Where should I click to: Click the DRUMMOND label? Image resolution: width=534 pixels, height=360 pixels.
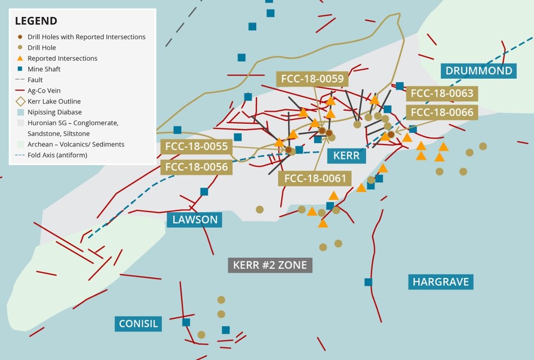[x=479, y=70]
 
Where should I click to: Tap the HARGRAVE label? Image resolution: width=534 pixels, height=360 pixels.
[x=441, y=281]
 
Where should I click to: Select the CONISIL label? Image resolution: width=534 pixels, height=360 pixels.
[x=139, y=323]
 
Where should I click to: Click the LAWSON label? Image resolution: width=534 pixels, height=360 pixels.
[x=194, y=219]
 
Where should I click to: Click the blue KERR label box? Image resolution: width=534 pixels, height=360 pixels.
[x=346, y=155]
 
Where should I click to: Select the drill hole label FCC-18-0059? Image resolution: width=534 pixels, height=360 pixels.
[x=312, y=79]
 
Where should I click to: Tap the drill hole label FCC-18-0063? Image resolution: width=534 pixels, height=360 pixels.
[x=442, y=93]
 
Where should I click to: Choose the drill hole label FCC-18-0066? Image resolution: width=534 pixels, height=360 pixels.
[x=442, y=112]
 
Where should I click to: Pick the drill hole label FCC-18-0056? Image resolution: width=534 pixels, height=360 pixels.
[x=196, y=167]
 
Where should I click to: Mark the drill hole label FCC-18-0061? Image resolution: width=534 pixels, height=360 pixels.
[x=314, y=178]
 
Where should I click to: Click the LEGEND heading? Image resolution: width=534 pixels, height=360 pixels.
[x=36, y=21]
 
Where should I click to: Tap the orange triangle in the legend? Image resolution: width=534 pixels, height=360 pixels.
[x=20, y=58]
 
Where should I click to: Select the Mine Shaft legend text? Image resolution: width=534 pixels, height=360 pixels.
[x=44, y=69]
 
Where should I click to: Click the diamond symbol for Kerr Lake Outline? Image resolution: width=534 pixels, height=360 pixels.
[x=20, y=101]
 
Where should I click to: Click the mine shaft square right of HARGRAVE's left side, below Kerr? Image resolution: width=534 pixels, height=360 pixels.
[x=368, y=282]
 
